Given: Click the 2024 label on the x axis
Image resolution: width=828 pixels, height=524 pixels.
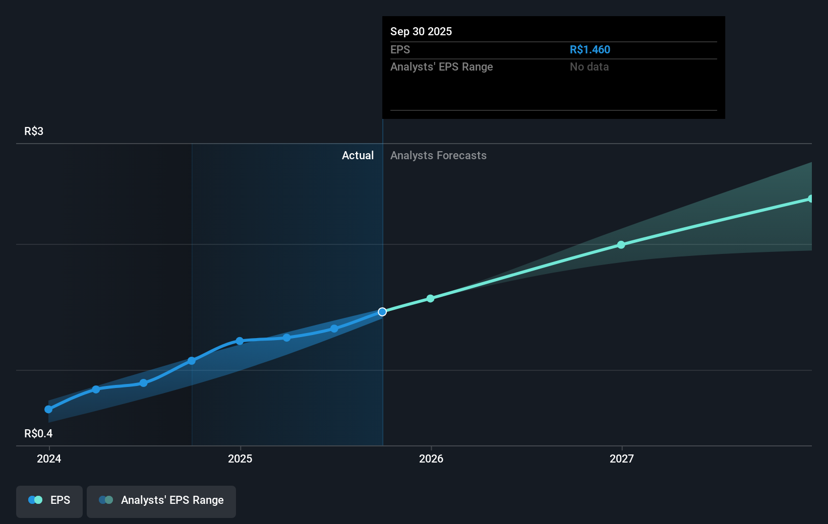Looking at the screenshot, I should point(49,458).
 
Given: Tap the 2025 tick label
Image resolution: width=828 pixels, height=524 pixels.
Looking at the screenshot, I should point(240,458).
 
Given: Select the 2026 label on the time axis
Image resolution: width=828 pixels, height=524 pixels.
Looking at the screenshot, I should point(431,458).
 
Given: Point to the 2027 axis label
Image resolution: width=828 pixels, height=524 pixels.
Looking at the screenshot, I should point(622,458).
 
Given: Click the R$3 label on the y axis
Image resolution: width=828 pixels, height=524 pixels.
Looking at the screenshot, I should point(34,132).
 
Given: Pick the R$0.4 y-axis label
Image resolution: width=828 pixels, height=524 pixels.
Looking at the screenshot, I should point(38,434).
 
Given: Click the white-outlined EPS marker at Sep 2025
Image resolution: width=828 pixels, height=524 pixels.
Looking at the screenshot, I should point(382,312).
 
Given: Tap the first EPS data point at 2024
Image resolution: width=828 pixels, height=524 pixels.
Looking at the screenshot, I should point(48,410).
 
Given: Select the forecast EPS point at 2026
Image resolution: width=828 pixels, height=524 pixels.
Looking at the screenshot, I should point(430,299).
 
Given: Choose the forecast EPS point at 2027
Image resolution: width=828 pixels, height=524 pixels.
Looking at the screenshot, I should point(621,245).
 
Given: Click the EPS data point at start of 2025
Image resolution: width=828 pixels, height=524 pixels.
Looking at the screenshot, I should point(240,341).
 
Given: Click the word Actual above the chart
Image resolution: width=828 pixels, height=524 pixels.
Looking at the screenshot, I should point(358,156).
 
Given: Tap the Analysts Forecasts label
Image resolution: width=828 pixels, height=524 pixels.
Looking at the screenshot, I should point(438,156).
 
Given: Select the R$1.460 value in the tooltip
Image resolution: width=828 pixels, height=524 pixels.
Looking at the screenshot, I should point(589,50).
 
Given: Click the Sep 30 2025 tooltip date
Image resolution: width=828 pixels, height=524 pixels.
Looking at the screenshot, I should point(421,32).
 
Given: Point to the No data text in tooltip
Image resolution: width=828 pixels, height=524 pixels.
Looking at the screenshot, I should point(589,67).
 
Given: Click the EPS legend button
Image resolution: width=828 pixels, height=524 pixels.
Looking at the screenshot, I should point(49,501).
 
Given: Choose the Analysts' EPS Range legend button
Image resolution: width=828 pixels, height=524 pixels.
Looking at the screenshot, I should point(161,501).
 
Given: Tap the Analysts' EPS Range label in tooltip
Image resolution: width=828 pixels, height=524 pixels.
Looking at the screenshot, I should point(441,67).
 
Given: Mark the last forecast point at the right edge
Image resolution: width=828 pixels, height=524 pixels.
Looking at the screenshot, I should point(810,199).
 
